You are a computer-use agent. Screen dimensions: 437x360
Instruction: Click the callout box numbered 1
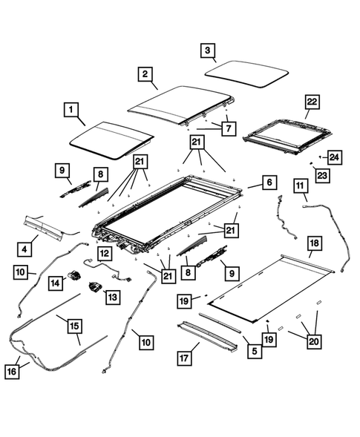pos(71,111)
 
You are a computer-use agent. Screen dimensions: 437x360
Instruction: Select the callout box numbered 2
pos(145,73)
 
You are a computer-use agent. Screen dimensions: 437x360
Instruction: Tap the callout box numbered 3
pos(209,50)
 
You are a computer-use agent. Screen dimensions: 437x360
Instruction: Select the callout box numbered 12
pos(105,253)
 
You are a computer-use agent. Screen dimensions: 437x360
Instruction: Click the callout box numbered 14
pos(56,282)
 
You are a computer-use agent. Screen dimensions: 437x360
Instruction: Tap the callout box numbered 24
pos(335,157)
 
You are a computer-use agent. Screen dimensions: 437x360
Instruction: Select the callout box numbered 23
pos(321,174)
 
